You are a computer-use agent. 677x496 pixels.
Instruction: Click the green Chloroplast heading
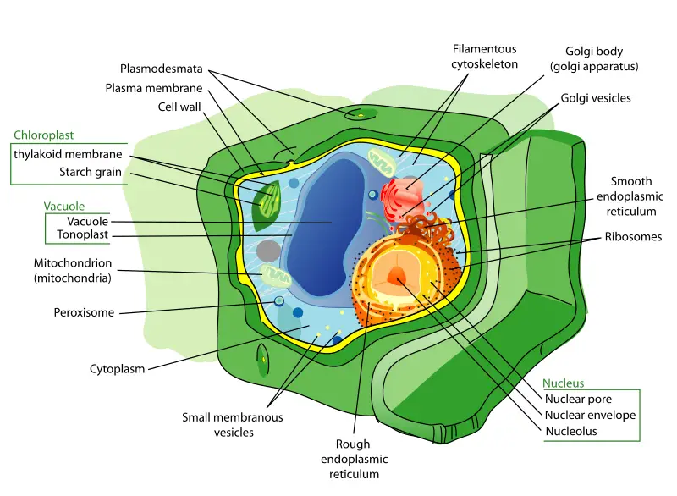44,135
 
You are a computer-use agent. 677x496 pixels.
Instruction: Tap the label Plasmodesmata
162,69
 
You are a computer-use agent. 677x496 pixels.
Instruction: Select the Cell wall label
179,107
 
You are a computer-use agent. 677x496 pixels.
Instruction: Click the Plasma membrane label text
153,88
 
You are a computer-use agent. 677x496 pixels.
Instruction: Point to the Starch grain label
91,173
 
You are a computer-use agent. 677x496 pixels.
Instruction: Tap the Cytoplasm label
118,368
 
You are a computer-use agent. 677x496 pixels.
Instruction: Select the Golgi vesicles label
596,98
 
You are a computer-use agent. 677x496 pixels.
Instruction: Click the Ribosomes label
632,237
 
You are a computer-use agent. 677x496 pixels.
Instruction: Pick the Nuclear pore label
578,400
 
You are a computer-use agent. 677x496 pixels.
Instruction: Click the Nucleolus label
570,431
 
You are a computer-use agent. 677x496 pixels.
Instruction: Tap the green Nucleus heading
563,383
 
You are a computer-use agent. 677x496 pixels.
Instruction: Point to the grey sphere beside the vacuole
269,250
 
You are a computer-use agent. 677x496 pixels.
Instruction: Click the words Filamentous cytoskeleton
485,56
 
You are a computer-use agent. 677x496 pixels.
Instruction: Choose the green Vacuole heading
64,206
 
